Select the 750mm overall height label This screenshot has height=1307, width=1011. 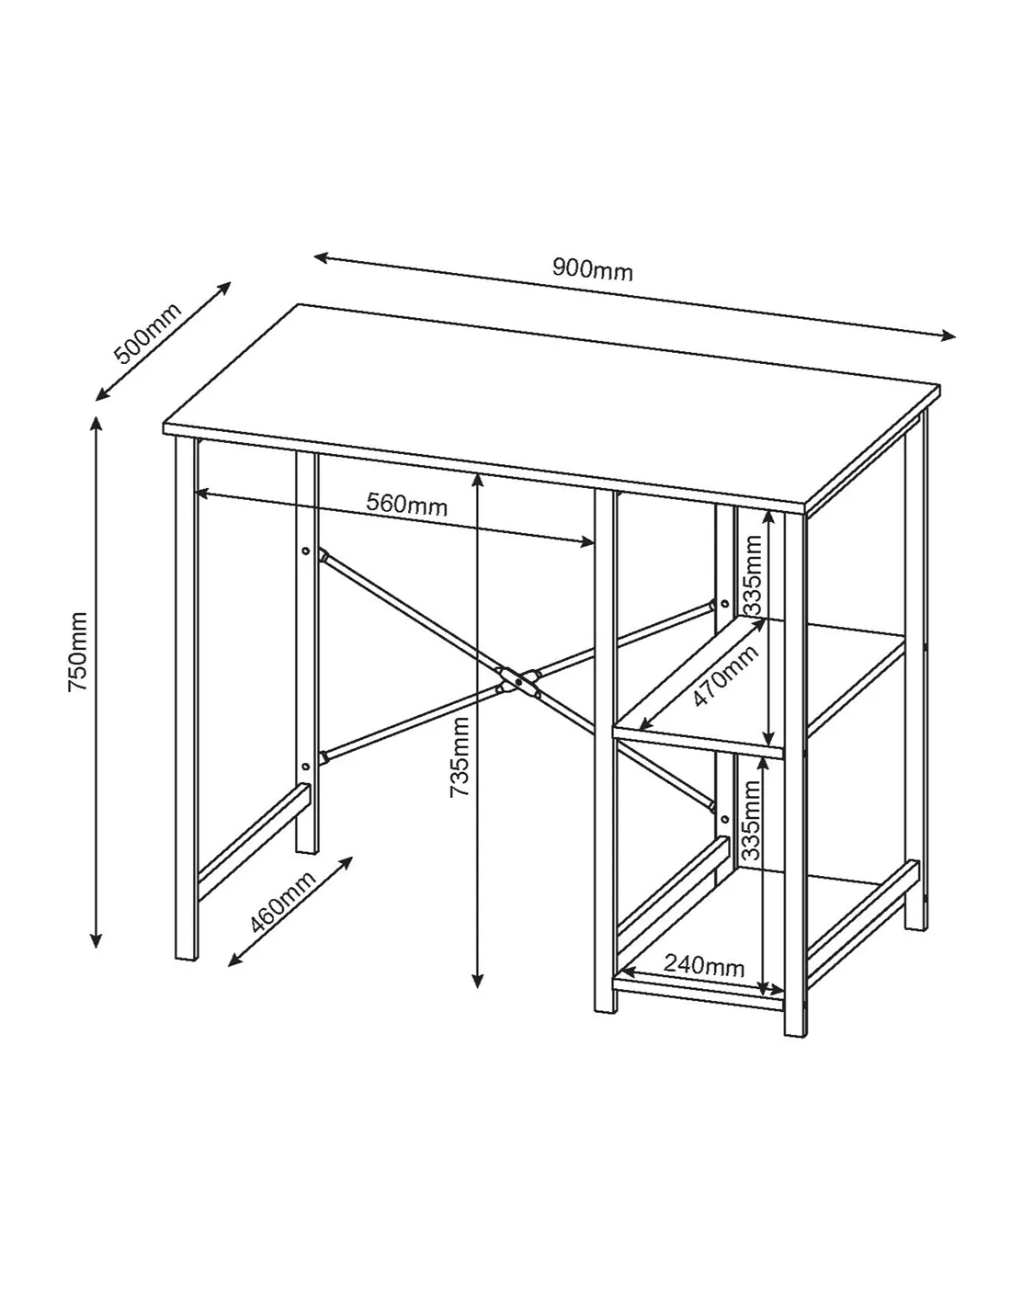coord(78,652)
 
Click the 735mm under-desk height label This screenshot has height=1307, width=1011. coord(460,757)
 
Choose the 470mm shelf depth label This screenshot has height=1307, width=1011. coord(725,676)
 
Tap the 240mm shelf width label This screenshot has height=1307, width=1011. coord(704,965)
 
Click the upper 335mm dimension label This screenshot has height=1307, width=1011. coord(752,575)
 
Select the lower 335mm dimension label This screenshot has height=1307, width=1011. coord(751,821)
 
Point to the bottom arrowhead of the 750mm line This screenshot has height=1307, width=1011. coord(96,940)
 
